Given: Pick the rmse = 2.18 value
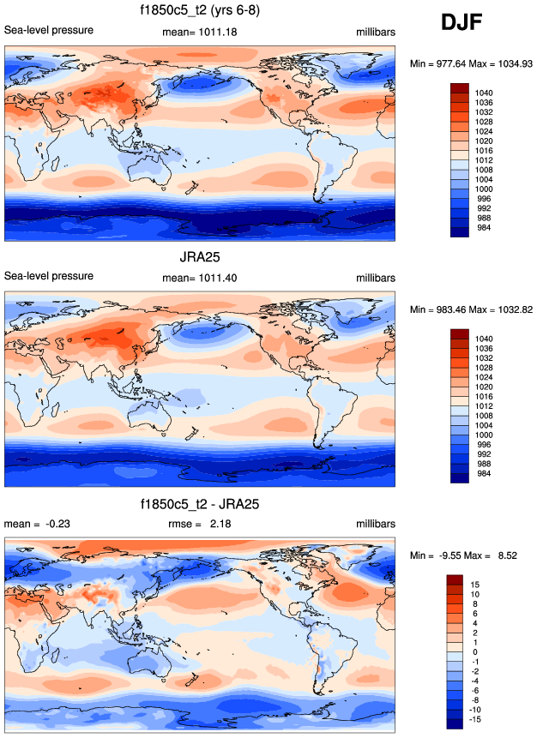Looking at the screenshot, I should point(199,523).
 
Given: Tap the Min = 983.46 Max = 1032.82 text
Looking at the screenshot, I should point(472,309).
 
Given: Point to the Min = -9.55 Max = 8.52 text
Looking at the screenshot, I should point(472,555).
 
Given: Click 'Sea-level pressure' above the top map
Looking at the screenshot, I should point(49,31).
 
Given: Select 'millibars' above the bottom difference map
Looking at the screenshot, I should point(376,523).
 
